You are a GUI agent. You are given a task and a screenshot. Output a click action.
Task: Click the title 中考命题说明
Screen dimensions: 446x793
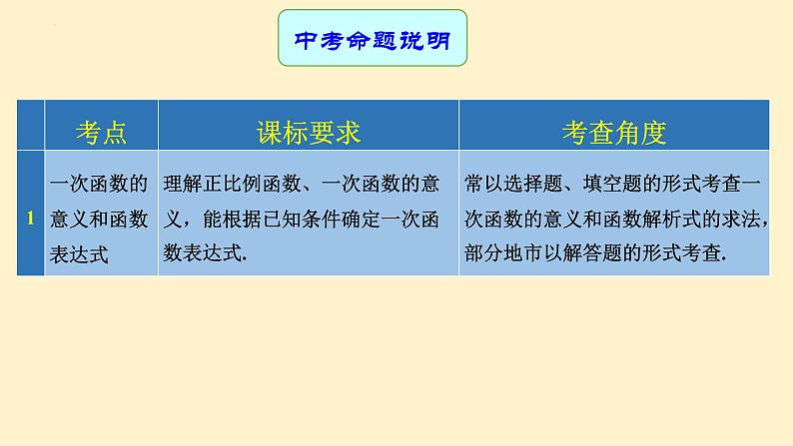(372, 39)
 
